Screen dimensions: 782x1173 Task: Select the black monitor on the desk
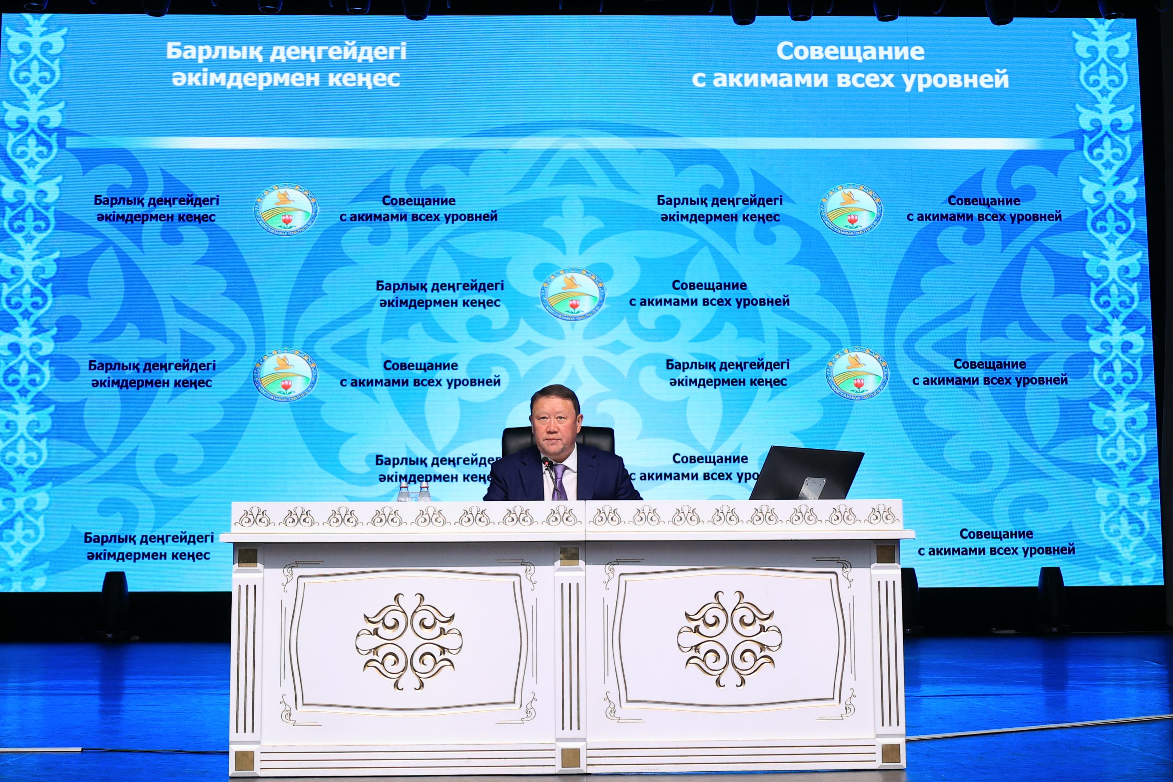click(x=806, y=474)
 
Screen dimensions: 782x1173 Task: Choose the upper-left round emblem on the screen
click(x=286, y=210)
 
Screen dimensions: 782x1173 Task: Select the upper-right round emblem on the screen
click(x=851, y=210)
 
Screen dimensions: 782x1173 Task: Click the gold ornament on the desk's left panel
click(x=409, y=642)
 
